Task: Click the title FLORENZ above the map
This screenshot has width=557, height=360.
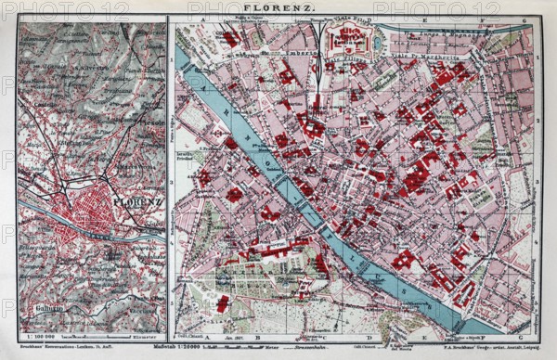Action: pyautogui.click(x=278, y=8)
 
